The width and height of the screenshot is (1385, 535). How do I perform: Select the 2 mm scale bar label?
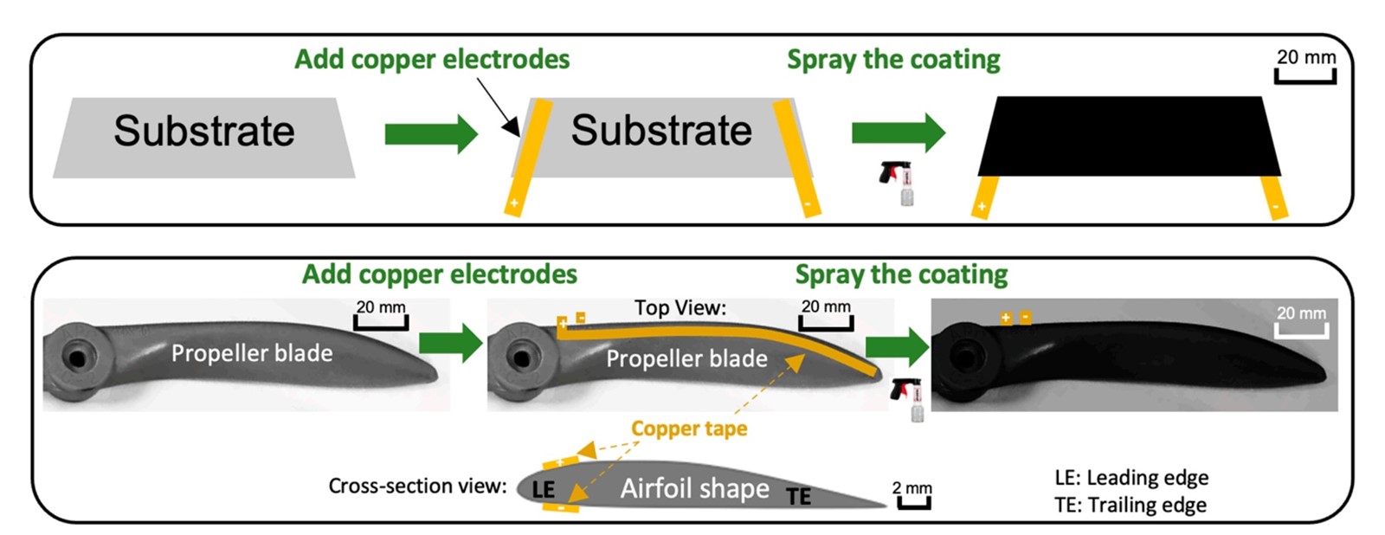click(912, 487)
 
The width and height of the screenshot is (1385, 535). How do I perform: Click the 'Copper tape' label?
click(689, 429)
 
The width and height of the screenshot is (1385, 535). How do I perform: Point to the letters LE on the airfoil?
click(543, 489)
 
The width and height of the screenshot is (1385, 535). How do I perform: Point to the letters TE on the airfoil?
click(798, 496)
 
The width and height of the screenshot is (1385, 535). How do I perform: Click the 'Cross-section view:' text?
click(417, 486)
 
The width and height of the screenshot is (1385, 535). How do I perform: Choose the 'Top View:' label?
click(680, 308)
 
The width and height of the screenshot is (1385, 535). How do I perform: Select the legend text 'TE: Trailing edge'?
click(1130, 505)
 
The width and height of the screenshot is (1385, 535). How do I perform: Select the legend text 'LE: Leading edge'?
click(1131, 477)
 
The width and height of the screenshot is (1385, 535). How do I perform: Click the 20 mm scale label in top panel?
click(1305, 57)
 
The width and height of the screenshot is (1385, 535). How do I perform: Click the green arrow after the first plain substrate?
click(430, 133)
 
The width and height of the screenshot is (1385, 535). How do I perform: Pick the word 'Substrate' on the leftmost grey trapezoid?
click(204, 132)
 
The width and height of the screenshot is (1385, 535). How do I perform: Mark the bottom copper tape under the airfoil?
click(560, 507)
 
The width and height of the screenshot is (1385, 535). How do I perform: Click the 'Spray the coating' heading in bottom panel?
click(901, 274)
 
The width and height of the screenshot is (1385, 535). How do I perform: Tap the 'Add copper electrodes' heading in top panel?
click(432, 59)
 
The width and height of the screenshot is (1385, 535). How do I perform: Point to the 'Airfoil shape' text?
click(694, 489)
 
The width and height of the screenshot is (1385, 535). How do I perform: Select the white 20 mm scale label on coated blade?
click(1301, 313)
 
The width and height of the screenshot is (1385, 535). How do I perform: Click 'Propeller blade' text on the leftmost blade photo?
click(252, 353)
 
